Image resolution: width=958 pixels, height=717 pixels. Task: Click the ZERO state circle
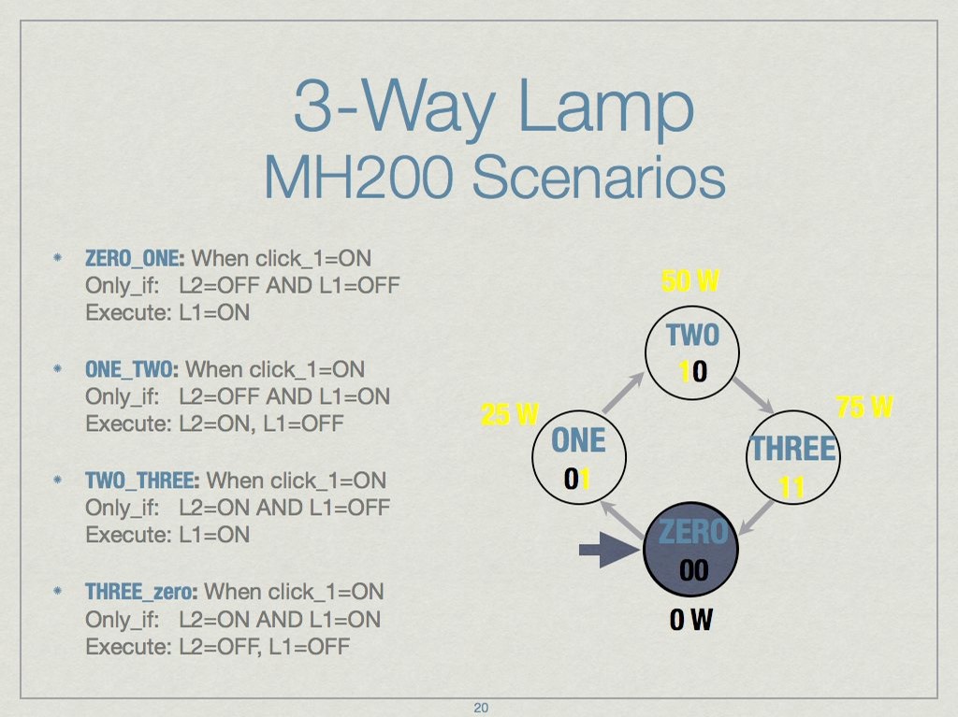click(x=691, y=549)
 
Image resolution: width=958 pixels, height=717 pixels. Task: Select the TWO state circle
click(x=692, y=352)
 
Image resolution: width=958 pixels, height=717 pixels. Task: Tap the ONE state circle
click(x=579, y=457)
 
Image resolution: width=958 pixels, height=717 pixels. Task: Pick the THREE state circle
click(x=793, y=457)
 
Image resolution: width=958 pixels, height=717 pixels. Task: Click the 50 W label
click(x=690, y=281)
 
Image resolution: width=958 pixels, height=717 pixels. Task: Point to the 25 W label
click(x=510, y=415)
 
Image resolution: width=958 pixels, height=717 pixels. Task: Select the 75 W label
click(x=864, y=406)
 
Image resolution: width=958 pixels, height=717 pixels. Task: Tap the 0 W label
click(x=691, y=619)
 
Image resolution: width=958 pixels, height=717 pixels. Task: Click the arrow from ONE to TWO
click(x=623, y=392)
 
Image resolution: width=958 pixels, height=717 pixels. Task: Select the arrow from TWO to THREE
click(x=754, y=395)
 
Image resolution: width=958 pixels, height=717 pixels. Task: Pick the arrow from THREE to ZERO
click(x=756, y=518)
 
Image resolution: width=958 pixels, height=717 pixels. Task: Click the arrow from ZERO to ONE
click(x=621, y=521)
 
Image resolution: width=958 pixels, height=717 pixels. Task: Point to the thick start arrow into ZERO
click(x=609, y=551)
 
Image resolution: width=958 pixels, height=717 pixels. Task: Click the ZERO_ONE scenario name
click(x=135, y=258)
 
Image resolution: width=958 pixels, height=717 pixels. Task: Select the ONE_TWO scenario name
click(x=131, y=369)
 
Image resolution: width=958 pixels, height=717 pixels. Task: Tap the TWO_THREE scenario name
click(x=142, y=480)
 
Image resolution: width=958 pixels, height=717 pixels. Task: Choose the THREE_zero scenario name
click(x=141, y=592)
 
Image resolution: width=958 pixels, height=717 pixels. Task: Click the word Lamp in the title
click(x=606, y=108)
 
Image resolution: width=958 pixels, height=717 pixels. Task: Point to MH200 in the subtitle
click(x=358, y=177)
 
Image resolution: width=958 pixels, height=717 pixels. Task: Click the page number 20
click(x=481, y=708)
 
